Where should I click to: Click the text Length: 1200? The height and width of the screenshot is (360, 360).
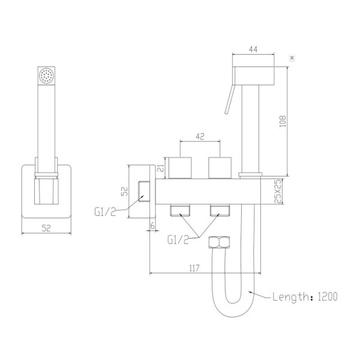(x=305, y=296)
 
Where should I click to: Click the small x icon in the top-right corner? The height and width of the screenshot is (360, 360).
(x=292, y=58)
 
